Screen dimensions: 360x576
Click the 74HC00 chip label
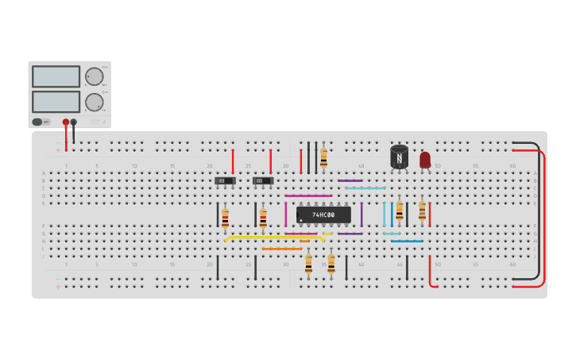pyautogui.click(x=323, y=215)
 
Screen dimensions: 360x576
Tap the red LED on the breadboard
pyautogui.click(x=425, y=160)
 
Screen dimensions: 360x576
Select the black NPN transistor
pyautogui.click(x=399, y=157)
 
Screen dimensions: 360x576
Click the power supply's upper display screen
pyautogui.click(x=56, y=76)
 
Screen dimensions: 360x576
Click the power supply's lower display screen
pyautogui.click(x=56, y=102)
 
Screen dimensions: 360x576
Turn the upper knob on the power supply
pyautogui.click(x=94, y=76)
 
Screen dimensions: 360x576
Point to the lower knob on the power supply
pyautogui.click(x=94, y=102)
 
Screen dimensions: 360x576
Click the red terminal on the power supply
pyautogui.click(x=66, y=122)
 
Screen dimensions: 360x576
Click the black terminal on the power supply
pyautogui.click(x=74, y=122)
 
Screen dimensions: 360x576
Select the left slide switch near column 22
pyautogui.click(x=225, y=180)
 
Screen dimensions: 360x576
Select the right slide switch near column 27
pyautogui.click(x=263, y=180)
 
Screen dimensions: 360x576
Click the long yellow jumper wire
pyautogui.click(x=274, y=237)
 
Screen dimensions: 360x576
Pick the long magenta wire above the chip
pyautogui.click(x=308, y=195)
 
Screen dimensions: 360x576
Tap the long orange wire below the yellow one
pyautogui.click(x=282, y=249)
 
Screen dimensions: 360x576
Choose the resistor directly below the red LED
pyautogui.click(x=422, y=211)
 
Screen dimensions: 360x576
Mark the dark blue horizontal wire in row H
pyautogui.click(x=407, y=241)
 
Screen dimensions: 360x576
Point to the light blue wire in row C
pyautogui.click(x=365, y=188)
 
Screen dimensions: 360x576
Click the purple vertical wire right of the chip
pyautogui.click(x=361, y=215)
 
